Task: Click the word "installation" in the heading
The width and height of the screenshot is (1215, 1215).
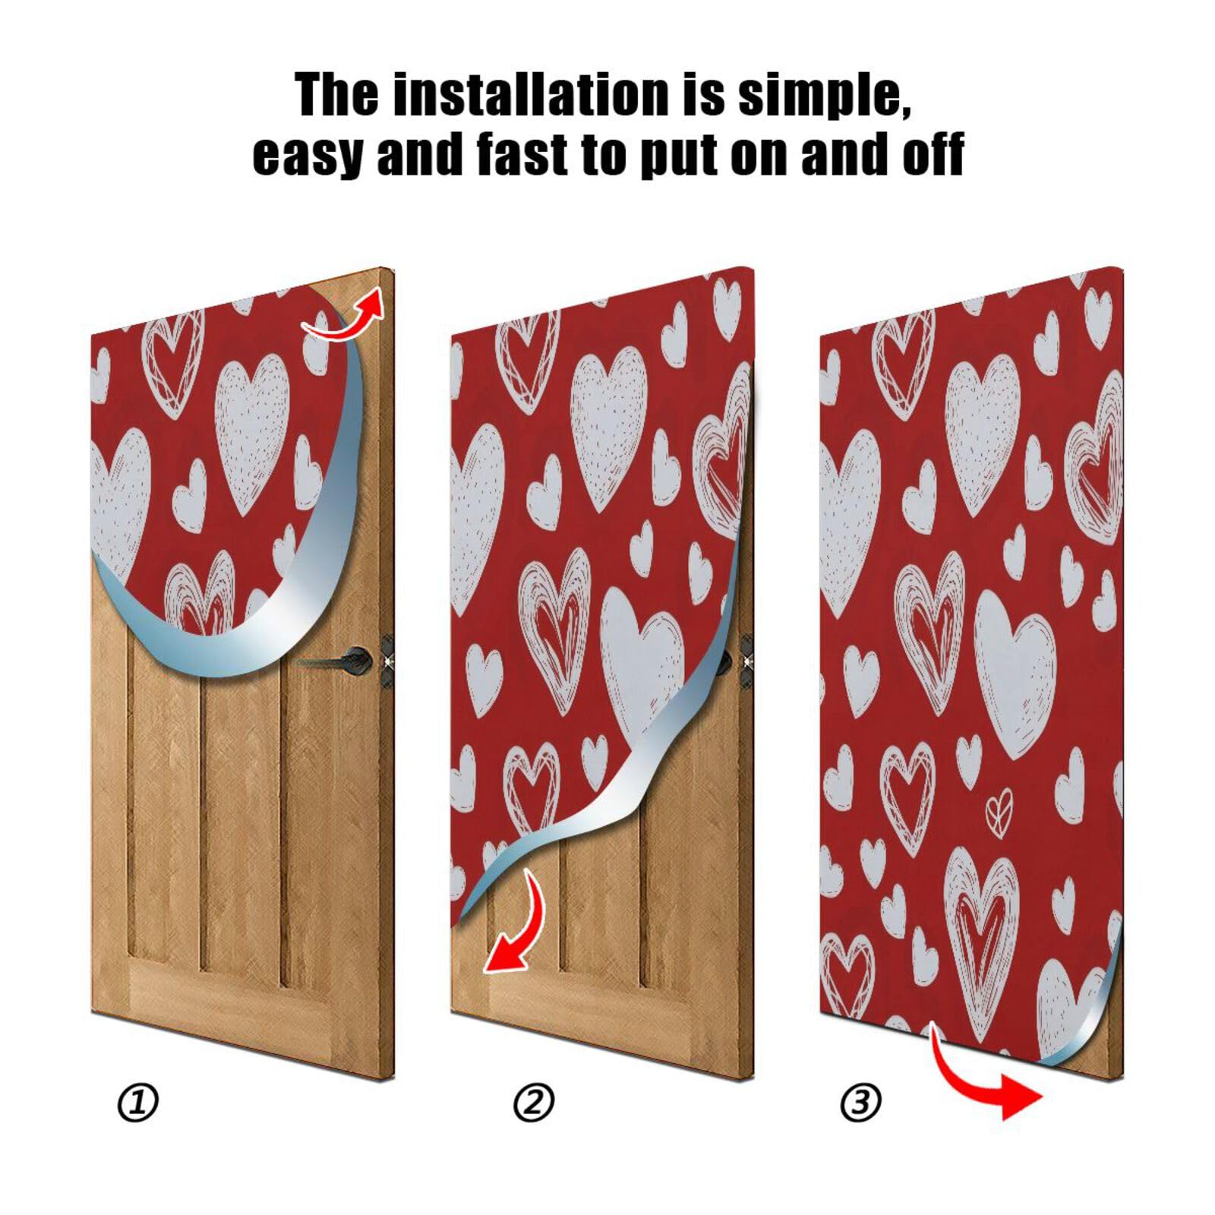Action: [525, 96]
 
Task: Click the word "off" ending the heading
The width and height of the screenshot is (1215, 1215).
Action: [933, 154]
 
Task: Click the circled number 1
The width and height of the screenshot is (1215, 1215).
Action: [138, 1103]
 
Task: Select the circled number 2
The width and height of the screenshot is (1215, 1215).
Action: [534, 1103]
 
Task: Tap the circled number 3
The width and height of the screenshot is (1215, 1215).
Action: [861, 1103]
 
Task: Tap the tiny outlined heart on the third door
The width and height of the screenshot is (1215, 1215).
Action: [999, 809]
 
